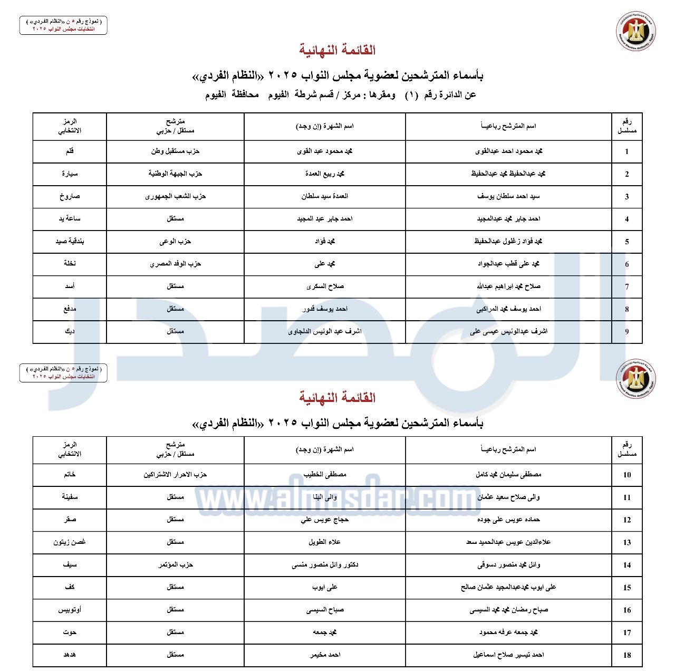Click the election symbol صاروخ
tap(70, 196)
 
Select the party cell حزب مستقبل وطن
tap(175, 151)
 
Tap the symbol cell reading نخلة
tap(70, 264)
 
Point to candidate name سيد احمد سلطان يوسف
tap(508, 196)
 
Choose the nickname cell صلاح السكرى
tap(325, 286)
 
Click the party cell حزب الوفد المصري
tap(175, 264)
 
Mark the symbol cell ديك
tap(70, 331)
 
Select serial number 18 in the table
tap(626, 655)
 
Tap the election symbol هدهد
tap(70, 655)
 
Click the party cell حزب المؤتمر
tap(175, 565)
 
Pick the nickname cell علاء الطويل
tap(325, 542)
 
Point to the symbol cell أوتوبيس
tap(70, 610)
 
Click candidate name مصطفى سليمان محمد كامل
tap(508, 475)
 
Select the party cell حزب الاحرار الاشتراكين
tap(175, 475)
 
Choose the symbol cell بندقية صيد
tap(70, 241)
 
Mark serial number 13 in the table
tap(626, 542)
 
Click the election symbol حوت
tap(70, 632)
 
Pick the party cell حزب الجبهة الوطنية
tap(175, 174)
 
